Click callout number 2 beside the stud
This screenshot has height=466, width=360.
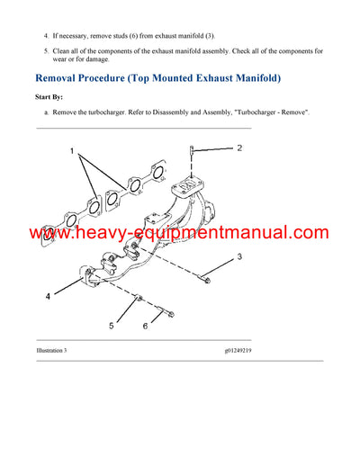239,148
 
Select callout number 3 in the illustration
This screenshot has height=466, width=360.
239,258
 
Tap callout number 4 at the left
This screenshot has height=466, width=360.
48,294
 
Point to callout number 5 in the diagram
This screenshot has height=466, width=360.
112,325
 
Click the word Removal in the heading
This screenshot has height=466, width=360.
63,78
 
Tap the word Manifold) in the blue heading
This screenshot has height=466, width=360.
250,78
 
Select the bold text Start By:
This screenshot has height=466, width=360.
50,96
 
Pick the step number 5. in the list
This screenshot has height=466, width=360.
46,51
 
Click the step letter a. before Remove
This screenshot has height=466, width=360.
46,112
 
